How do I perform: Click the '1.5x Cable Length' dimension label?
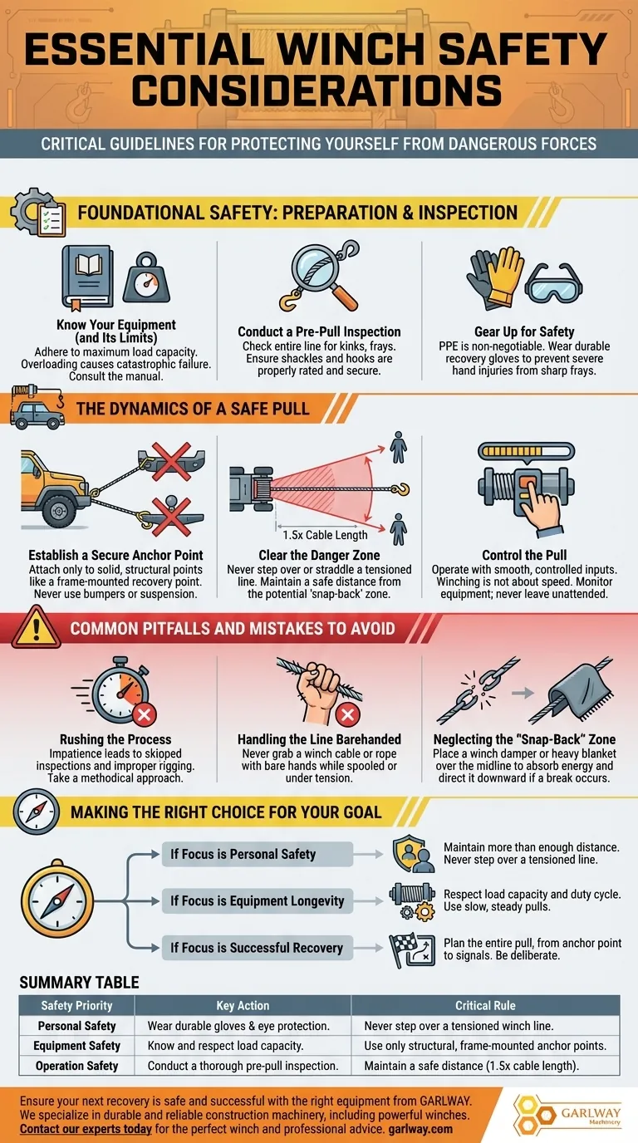(x=325, y=535)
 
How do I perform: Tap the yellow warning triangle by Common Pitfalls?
(x=36, y=627)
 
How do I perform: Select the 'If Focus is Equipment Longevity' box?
(x=258, y=900)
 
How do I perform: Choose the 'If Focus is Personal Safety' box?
(x=258, y=854)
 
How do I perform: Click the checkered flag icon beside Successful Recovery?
(x=412, y=950)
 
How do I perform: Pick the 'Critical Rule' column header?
(x=485, y=1005)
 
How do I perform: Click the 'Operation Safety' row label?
(x=76, y=1066)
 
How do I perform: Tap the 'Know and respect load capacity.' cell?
(x=226, y=1046)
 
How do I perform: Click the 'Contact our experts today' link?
(x=86, y=1129)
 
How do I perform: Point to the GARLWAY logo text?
(x=591, y=1112)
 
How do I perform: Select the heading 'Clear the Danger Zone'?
(x=320, y=555)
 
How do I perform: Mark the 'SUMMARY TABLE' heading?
(x=79, y=982)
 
